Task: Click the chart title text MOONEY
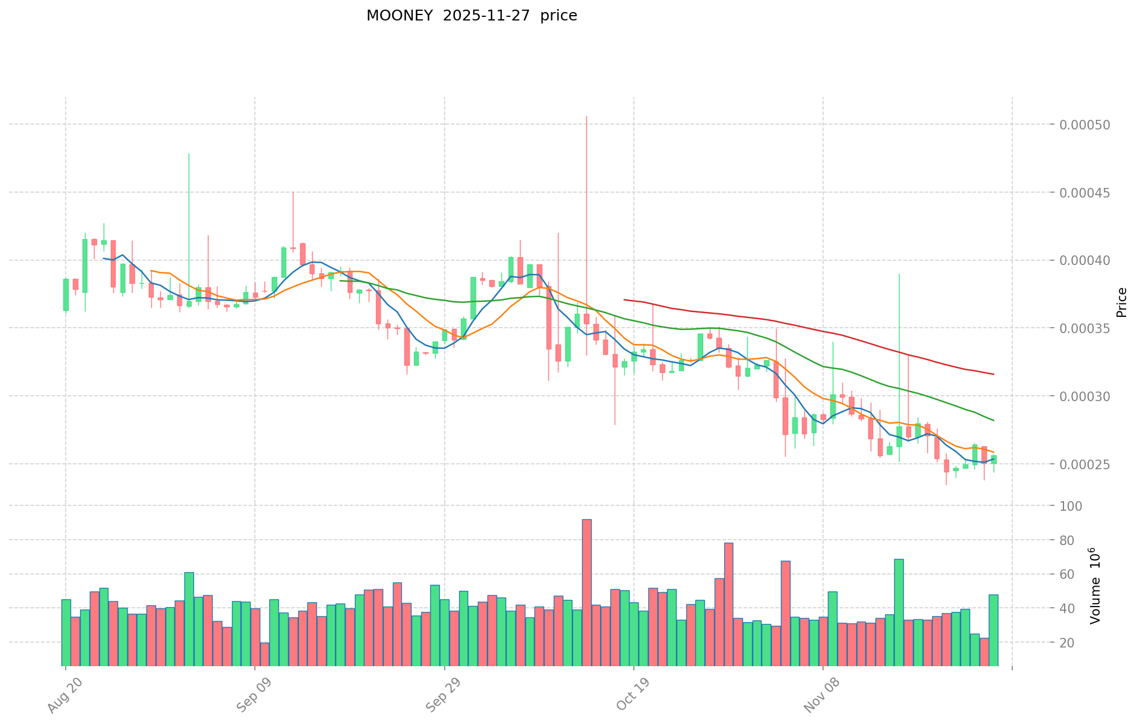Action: [399, 16]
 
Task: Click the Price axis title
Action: [1121, 302]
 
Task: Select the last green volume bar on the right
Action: [993, 630]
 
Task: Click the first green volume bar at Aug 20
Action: [66, 632]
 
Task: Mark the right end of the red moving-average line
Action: [994, 375]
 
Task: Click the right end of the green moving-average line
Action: [994, 420]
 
